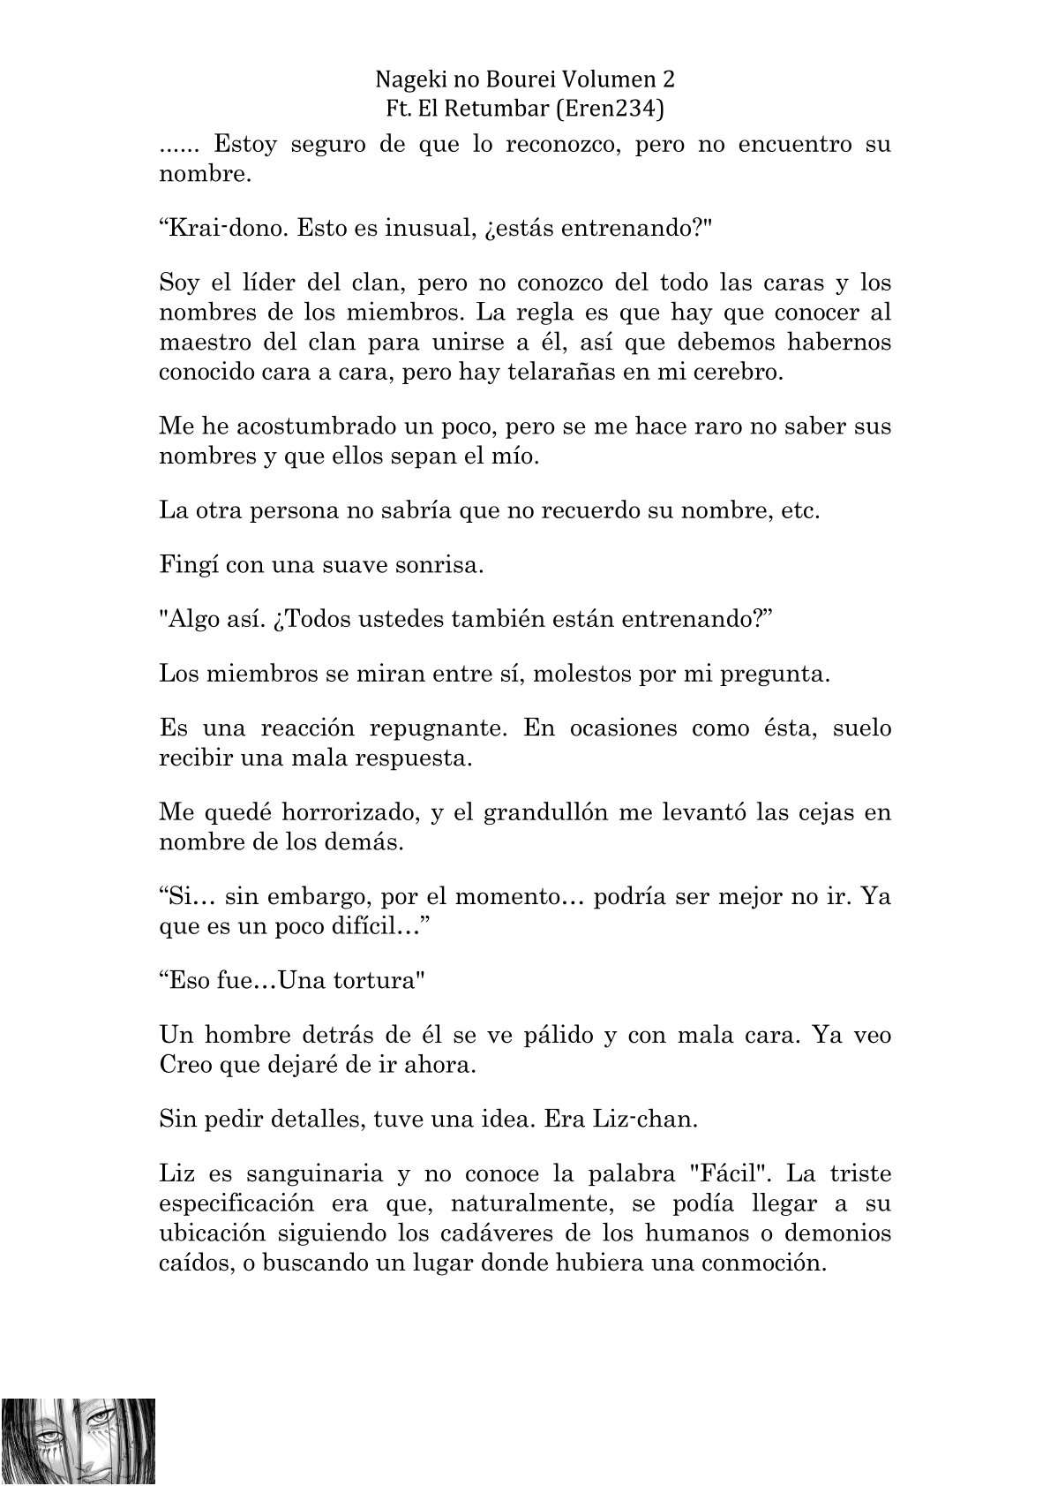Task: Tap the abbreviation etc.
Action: tap(800, 510)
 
